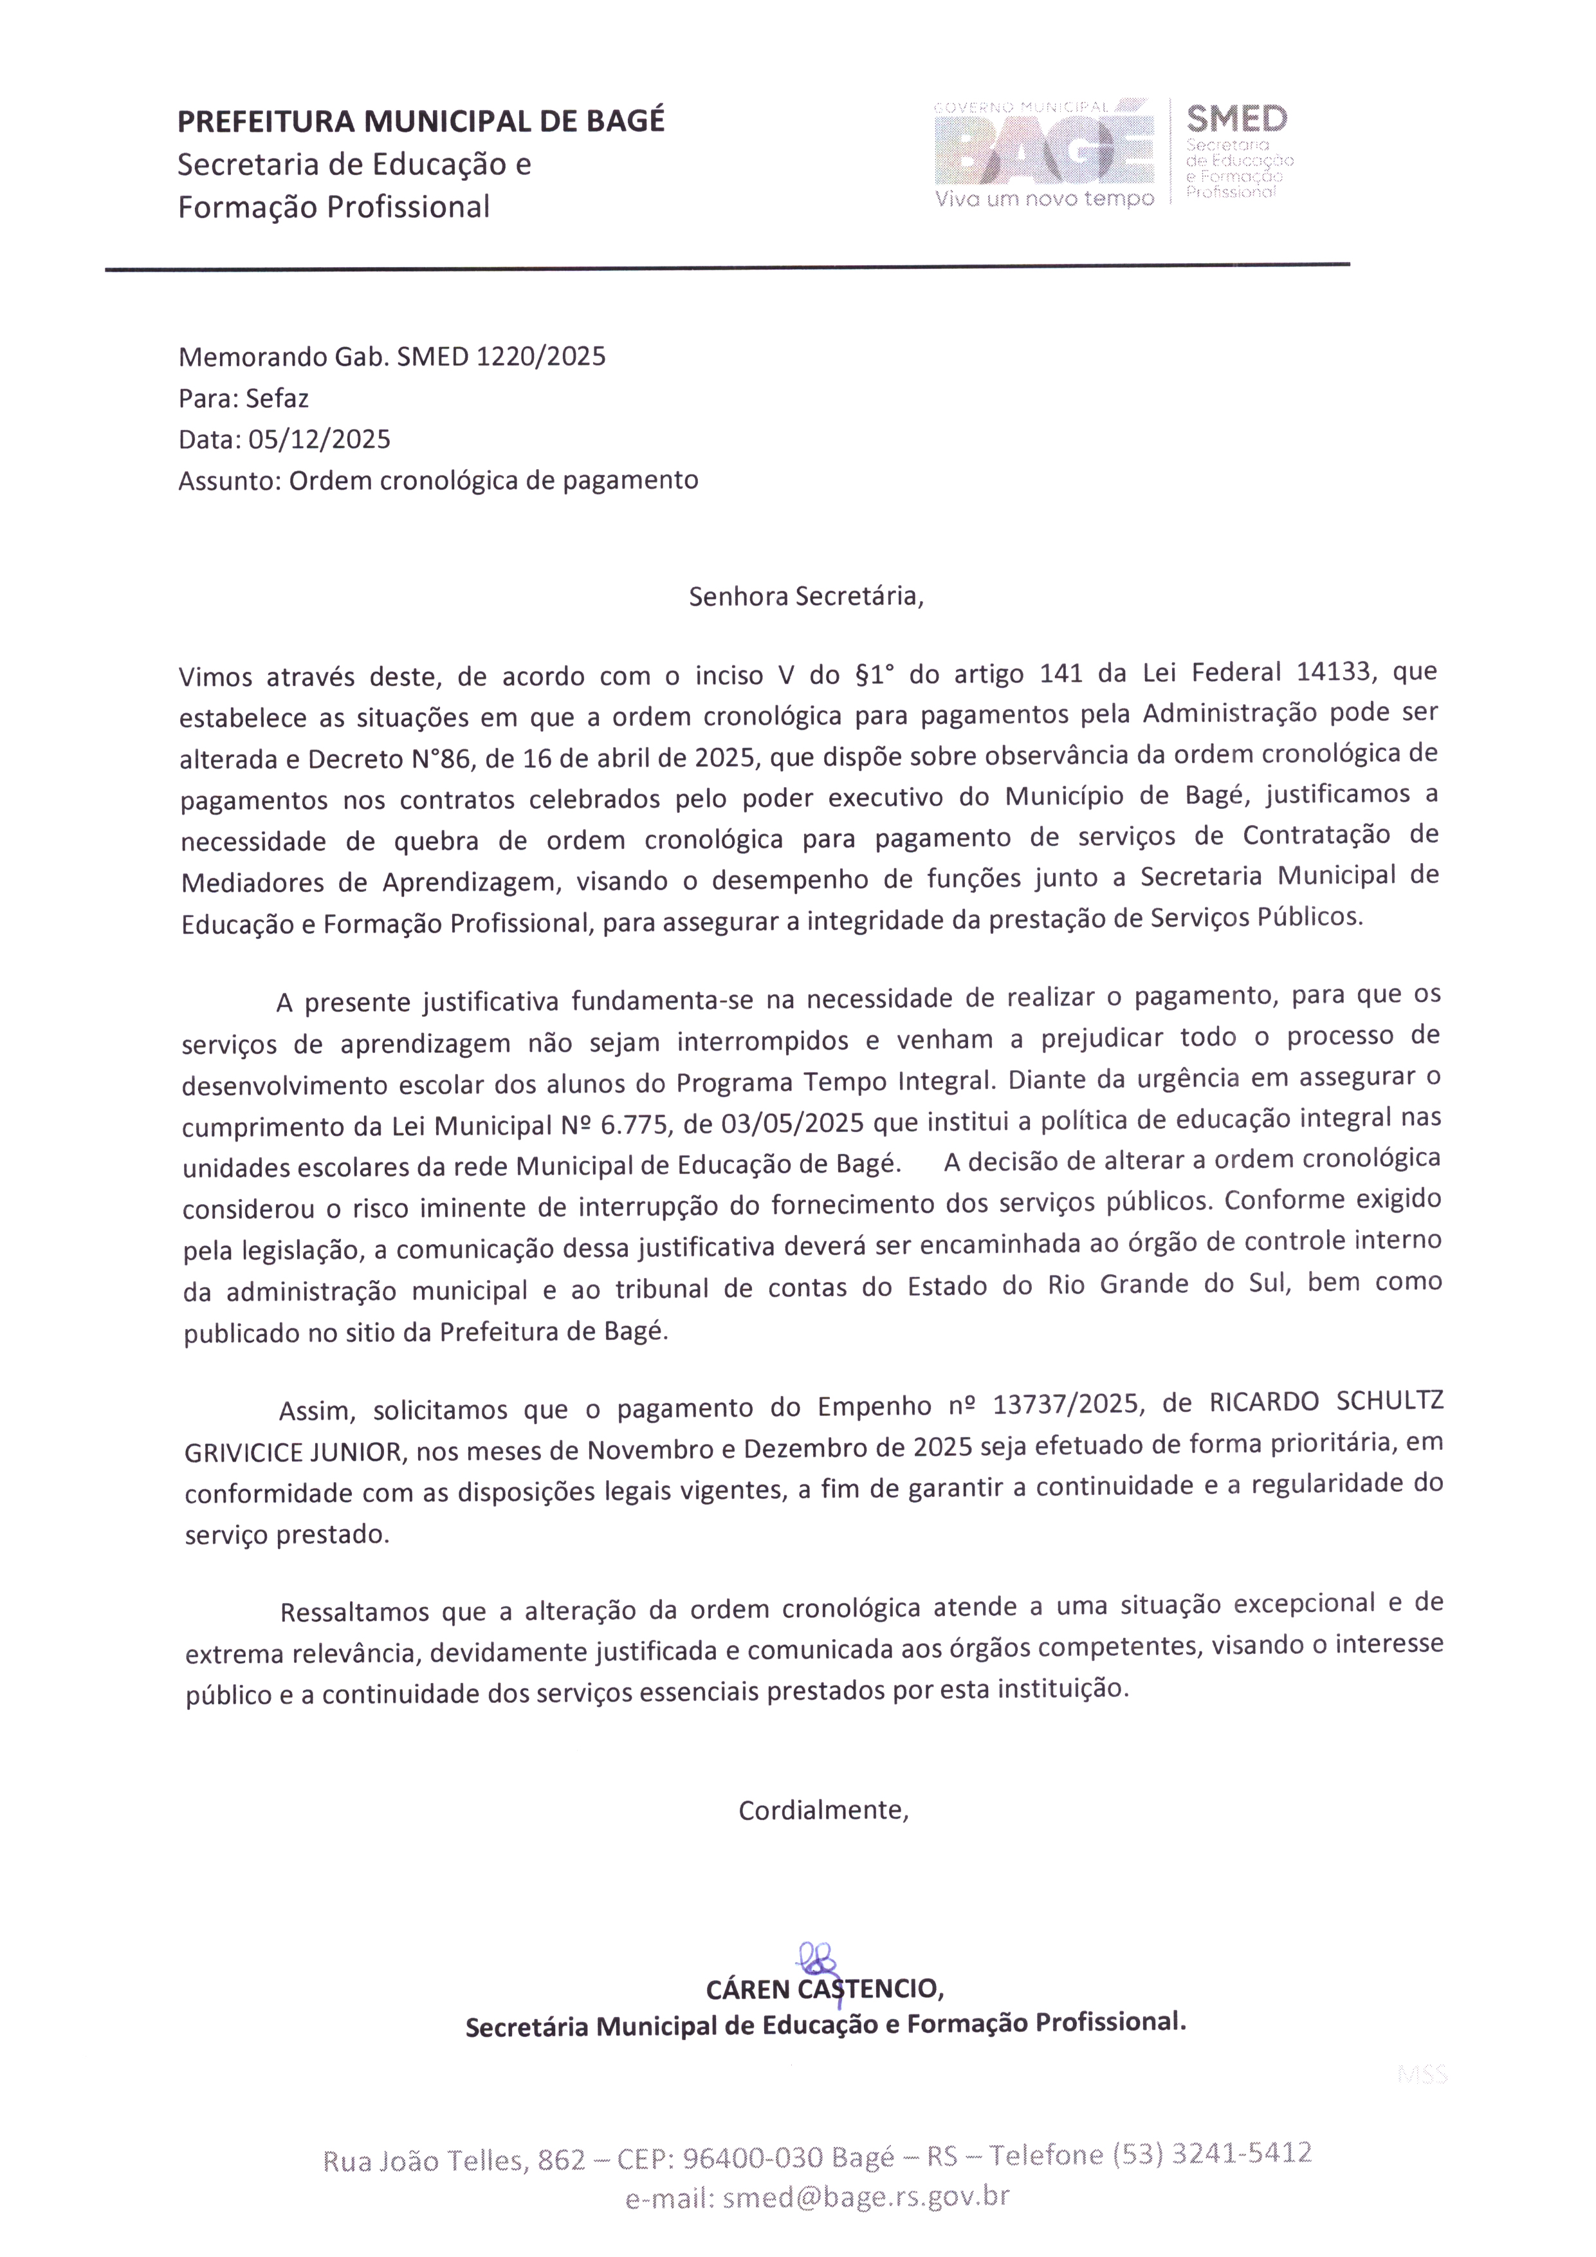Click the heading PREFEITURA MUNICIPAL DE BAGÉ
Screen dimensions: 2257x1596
421,121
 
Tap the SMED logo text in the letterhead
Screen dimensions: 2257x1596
1236,119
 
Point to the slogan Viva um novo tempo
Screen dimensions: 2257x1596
1043,200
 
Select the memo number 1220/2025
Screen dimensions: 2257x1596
540,356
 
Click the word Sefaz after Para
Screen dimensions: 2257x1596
277,398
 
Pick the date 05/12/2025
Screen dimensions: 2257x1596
320,440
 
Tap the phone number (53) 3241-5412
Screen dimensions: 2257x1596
1212,2154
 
